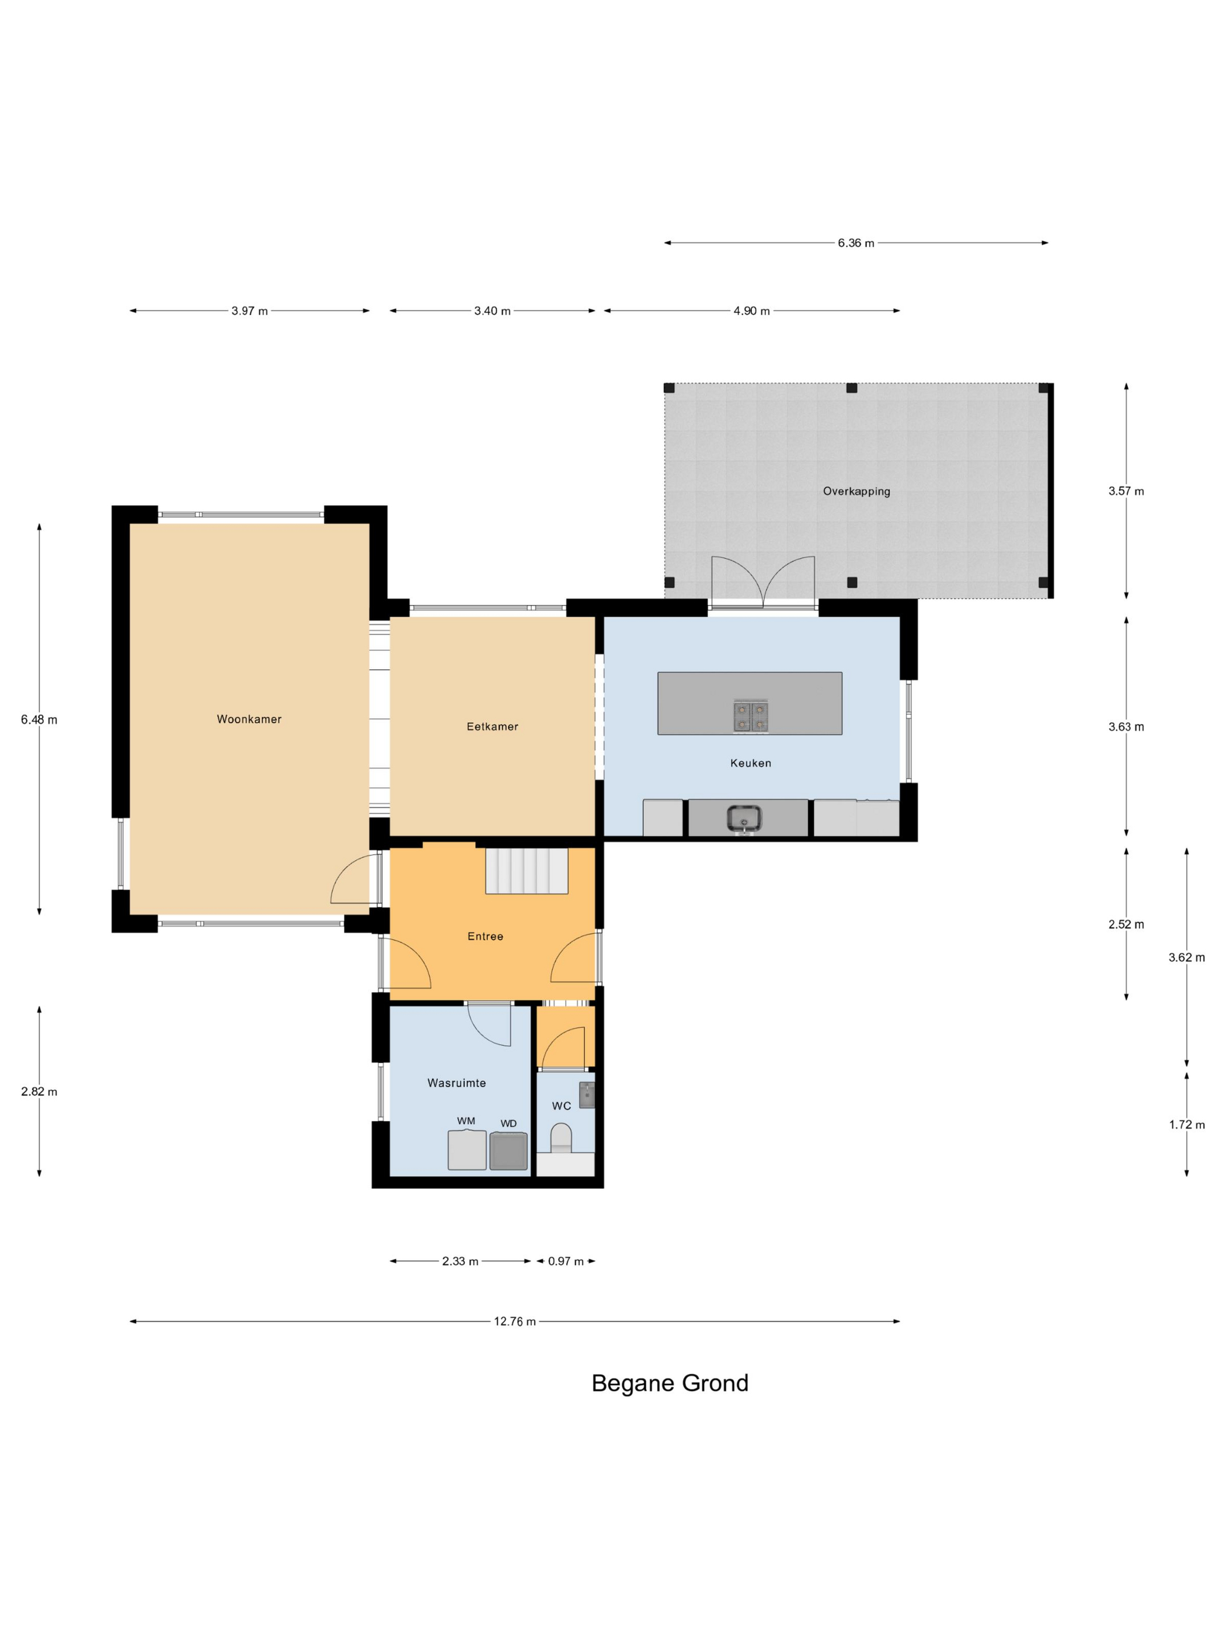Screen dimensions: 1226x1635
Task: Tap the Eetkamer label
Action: click(x=492, y=726)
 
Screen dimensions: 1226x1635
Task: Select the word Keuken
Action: click(x=751, y=763)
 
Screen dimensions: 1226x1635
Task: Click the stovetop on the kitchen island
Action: click(x=750, y=716)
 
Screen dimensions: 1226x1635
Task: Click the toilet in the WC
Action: click(x=561, y=1138)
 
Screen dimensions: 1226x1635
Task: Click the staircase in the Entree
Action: click(x=526, y=871)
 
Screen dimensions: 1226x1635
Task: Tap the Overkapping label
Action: click(x=856, y=491)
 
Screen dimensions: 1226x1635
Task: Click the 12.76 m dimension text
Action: click(x=515, y=1321)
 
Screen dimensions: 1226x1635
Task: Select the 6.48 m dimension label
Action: click(x=39, y=719)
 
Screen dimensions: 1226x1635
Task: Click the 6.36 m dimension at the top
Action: click(x=856, y=242)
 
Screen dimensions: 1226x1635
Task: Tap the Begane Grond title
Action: click(x=670, y=1383)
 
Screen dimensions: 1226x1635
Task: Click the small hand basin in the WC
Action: click(x=587, y=1095)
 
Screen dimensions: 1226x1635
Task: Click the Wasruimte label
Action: click(x=457, y=1083)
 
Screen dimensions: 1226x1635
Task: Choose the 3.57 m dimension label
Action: click(x=1126, y=491)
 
